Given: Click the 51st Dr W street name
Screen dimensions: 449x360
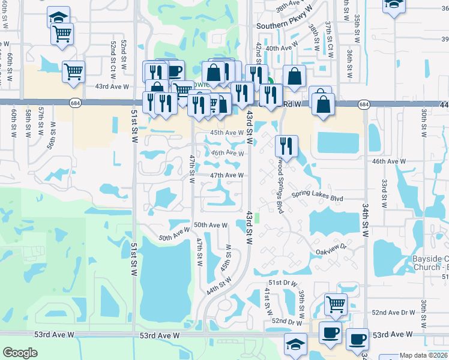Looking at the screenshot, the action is click(283, 282).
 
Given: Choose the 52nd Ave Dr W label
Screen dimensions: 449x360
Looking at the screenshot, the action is click(393, 313).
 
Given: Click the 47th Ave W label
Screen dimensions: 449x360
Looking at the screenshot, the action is click(226, 175).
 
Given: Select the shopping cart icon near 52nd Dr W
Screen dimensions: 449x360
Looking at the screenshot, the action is click(336, 304).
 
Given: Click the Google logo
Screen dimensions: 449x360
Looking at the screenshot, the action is click(20, 353).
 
